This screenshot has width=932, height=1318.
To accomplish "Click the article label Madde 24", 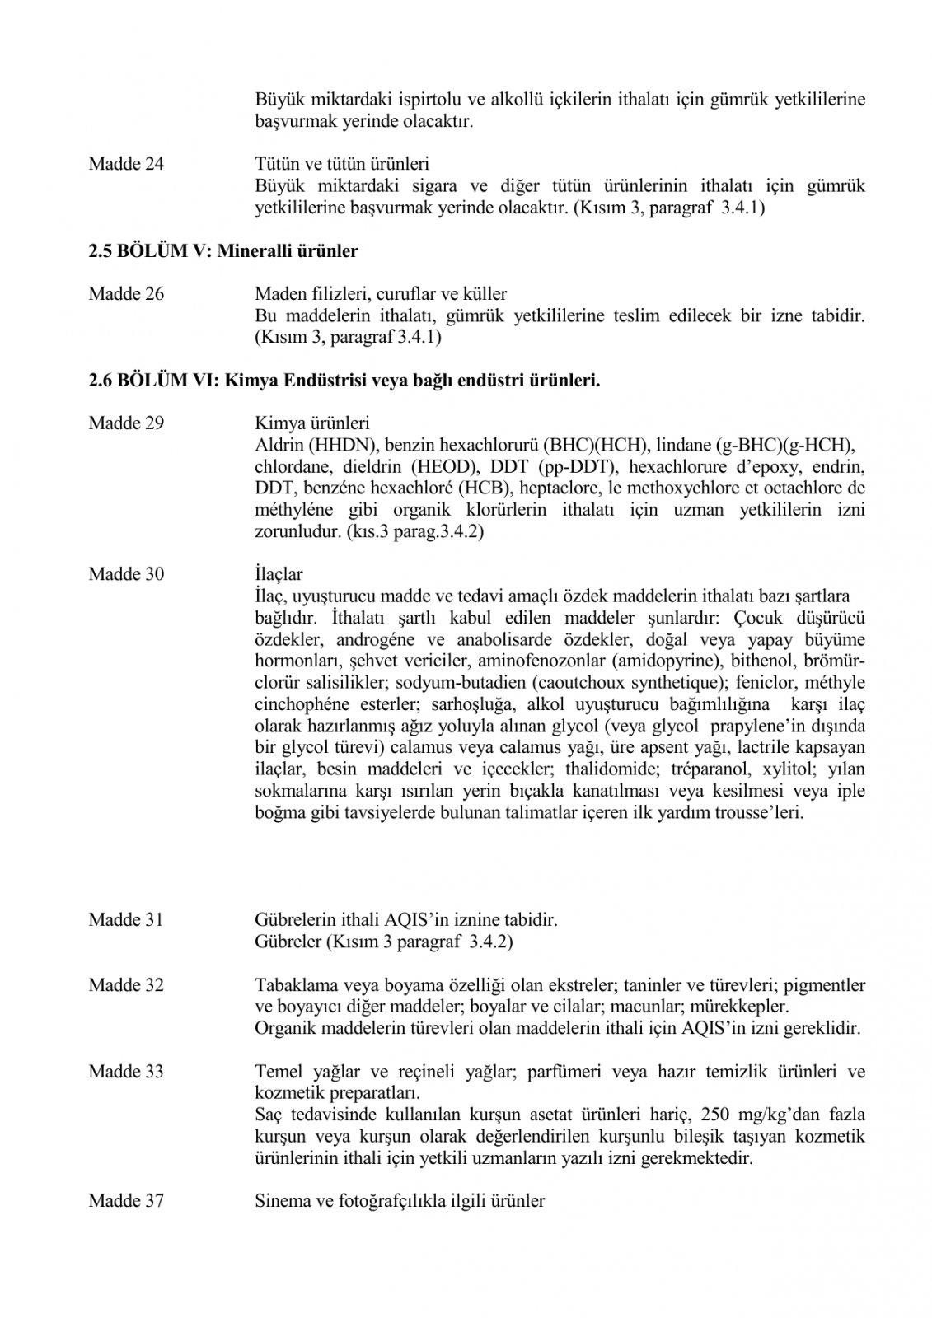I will tap(126, 164).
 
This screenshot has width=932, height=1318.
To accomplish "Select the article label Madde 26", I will tap(126, 294).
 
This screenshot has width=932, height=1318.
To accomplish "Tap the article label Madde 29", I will tap(126, 423).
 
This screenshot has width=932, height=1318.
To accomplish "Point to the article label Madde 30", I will tap(126, 574).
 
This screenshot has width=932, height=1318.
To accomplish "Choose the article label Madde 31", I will tap(126, 919).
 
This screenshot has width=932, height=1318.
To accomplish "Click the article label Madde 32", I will tap(126, 985).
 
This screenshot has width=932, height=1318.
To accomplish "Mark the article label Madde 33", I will tap(126, 1072).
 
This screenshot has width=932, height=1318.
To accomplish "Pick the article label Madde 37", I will tap(126, 1201).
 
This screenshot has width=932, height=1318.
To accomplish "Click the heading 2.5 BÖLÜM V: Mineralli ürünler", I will tap(223, 251).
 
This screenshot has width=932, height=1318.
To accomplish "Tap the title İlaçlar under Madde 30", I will tap(279, 574).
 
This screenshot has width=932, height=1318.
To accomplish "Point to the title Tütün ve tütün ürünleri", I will tap(342, 164).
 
